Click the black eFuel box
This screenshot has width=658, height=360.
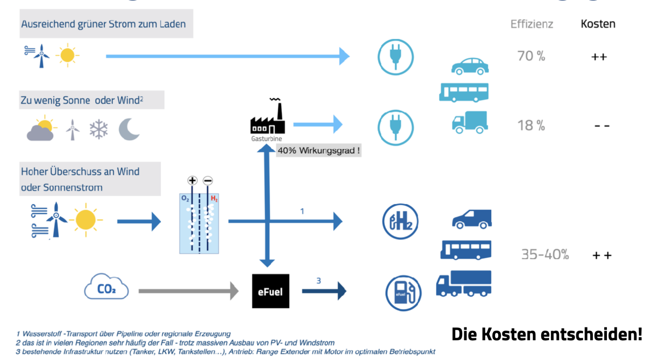pyautogui.click(x=270, y=291)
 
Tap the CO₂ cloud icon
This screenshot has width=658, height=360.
pyautogui.click(x=106, y=287)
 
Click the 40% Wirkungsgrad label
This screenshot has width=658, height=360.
pyautogui.click(x=318, y=150)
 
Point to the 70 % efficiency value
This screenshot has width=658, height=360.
pyautogui.click(x=531, y=56)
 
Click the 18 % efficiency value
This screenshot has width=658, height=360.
pyautogui.click(x=531, y=125)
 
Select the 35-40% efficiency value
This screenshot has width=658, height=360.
pyautogui.click(x=545, y=255)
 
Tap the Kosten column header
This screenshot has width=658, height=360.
pyautogui.click(x=598, y=24)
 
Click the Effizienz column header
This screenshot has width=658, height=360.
pyautogui.click(x=532, y=24)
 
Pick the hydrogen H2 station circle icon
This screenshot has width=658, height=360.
pyautogui.click(x=400, y=221)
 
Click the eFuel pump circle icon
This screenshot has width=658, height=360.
pyautogui.click(x=403, y=293)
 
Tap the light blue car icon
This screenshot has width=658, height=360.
pyautogui.click(x=470, y=66)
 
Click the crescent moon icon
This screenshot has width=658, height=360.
pyautogui.click(x=129, y=129)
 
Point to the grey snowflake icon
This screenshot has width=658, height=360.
pyautogui.click(x=99, y=129)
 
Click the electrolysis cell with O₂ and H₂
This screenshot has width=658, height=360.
pyautogui.click(x=199, y=223)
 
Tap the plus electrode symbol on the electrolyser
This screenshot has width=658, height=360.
pyautogui.click(x=192, y=181)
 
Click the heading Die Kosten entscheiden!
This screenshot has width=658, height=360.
pyautogui.click(x=547, y=334)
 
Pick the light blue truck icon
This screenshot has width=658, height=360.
pyautogui.click(x=470, y=122)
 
